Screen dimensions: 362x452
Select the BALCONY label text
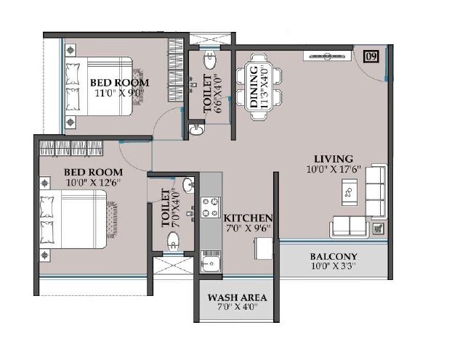click(333, 257)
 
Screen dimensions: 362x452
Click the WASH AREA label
click(237, 298)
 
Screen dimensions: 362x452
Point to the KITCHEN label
click(248, 218)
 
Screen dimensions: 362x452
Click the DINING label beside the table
click(254, 85)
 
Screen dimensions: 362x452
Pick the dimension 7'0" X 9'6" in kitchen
click(247, 228)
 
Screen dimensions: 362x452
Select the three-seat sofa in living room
click(375, 191)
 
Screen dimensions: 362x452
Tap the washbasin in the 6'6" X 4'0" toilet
click(195, 130)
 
